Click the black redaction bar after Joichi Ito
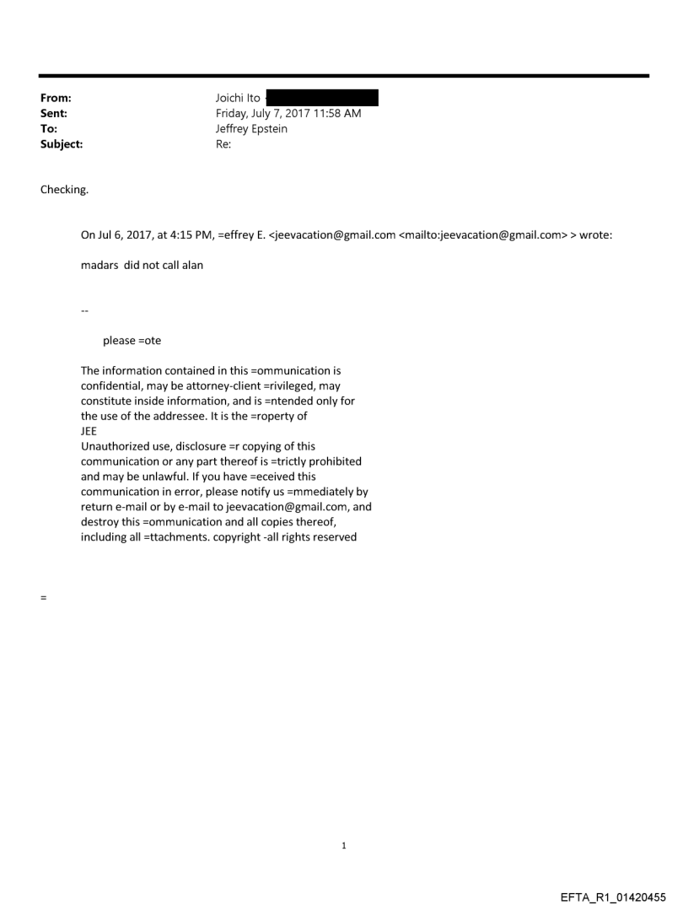click(322, 98)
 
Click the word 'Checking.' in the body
click(64, 190)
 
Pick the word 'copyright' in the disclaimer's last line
click(253, 537)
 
